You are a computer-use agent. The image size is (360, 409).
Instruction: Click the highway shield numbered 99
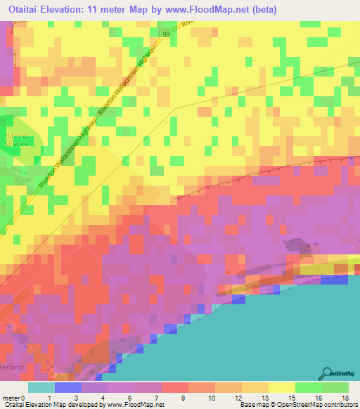(166, 34)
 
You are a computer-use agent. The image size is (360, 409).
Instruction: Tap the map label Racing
(15, 135)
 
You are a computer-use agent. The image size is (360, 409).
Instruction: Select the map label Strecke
(15, 143)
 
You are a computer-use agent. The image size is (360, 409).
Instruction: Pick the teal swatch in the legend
(41, 387)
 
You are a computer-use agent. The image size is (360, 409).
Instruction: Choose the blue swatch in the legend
(67, 387)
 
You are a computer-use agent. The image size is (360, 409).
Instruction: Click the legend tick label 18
(345, 398)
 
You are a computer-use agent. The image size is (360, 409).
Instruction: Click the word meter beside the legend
(11, 398)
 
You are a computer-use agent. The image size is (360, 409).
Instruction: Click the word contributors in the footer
(337, 405)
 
